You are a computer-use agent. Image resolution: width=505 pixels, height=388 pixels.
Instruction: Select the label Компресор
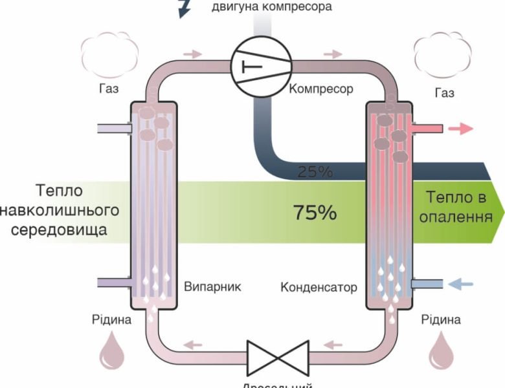(x=321, y=89)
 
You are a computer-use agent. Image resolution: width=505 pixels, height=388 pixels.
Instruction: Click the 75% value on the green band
(x=315, y=212)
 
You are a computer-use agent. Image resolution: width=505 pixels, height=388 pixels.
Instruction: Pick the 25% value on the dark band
(x=315, y=172)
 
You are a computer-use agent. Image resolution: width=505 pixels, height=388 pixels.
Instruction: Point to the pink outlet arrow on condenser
(x=461, y=129)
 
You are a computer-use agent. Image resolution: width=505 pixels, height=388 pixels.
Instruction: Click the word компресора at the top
(x=298, y=7)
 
